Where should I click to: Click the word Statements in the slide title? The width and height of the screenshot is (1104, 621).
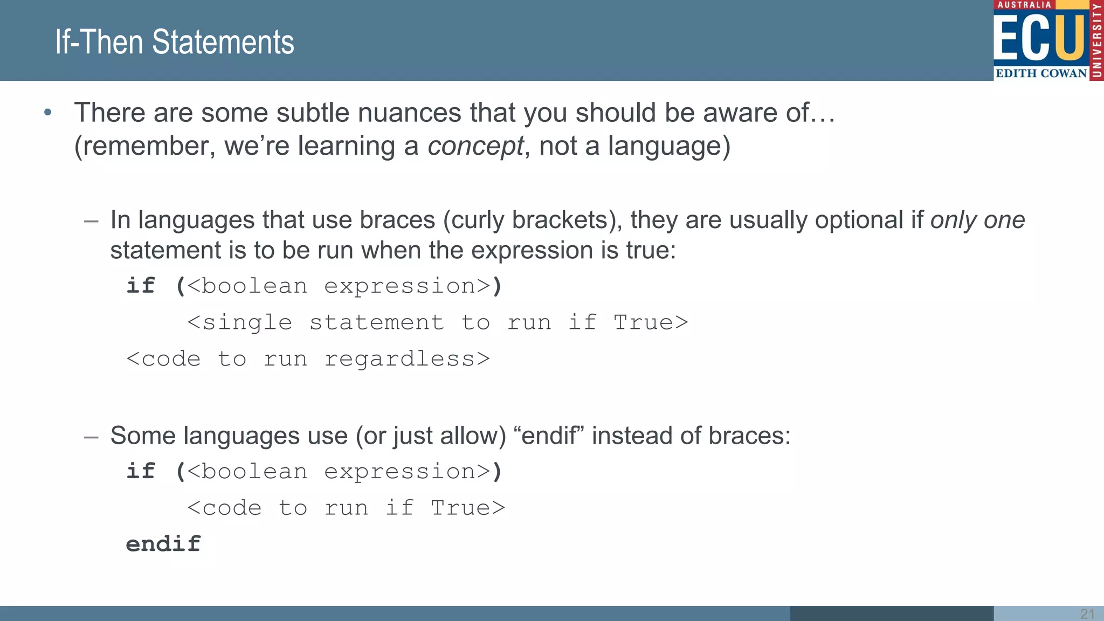coord(223,42)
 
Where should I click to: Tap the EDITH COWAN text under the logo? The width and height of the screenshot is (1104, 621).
coord(1041,73)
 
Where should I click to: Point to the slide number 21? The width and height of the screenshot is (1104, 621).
coord(1087,613)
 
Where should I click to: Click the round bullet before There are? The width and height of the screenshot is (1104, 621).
coord(48,112)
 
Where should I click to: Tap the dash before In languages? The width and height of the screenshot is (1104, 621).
coord(91,220)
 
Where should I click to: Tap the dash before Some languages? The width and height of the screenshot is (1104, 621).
coord(91,436)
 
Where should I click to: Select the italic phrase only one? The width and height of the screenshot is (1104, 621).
coord(977,220)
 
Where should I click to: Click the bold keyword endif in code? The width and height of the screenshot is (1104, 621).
coord(163,543)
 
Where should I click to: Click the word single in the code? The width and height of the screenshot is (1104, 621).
coord(247,322)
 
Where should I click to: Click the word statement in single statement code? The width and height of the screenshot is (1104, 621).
coord(377,322)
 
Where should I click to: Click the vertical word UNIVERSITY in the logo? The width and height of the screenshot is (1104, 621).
coord(1096,40)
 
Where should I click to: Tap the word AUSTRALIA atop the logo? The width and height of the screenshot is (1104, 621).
coord(1024,5)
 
